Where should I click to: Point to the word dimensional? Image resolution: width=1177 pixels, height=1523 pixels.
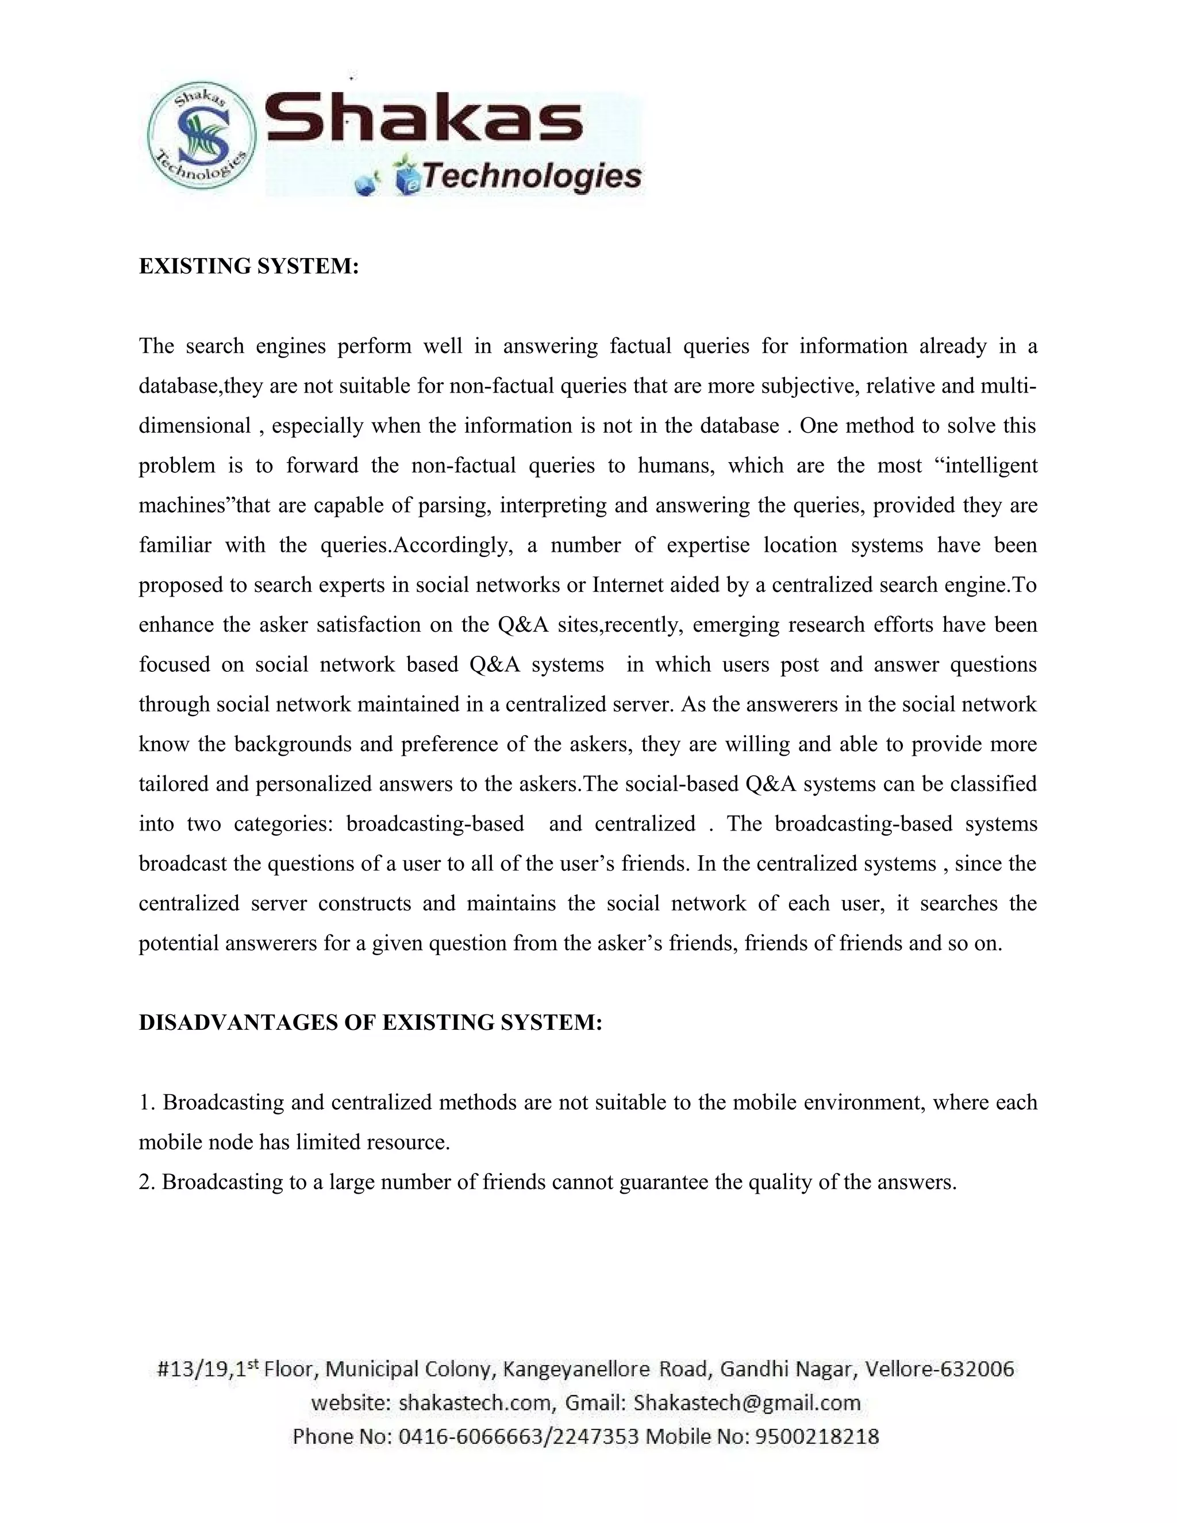[195, 426]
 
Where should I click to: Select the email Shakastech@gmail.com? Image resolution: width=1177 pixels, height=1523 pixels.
[747, 1403]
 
